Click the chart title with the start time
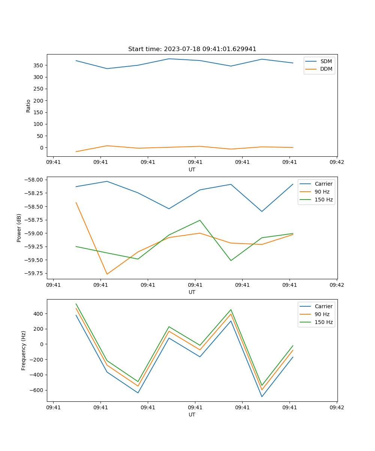tap(192, 49)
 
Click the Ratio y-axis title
tap(28, 106)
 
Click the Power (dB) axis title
tap(19, 228)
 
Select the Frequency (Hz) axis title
tap(24, 350)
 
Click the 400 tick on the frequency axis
tap(39, 314)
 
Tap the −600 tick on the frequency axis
tap(37, 390)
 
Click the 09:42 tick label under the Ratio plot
tap(336, 162)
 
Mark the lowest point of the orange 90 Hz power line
tap(107, 274)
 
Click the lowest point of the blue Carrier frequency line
tap(262, 397)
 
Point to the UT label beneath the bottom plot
tap(192, 415)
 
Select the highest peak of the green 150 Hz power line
tap(200, 220)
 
